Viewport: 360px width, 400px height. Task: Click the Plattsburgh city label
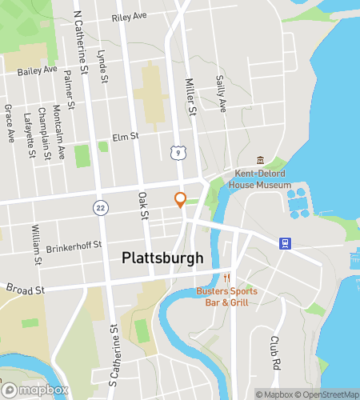click(162, 258)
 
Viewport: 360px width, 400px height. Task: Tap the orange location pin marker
click(181, 200)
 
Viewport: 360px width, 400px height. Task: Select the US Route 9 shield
click(175, 150)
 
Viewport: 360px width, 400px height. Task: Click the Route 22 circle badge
click(98, 206)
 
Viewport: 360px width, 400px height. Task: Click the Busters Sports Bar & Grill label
click(227, 297)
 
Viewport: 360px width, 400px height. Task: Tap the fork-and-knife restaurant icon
click(226, 278)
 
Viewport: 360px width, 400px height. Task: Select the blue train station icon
click(283, 243)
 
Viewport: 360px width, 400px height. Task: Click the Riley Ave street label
click(130, 17)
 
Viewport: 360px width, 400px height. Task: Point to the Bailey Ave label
click(38, 70)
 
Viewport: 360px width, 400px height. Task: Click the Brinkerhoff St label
click(75, 245)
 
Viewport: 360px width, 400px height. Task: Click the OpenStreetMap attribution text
click(326, 394)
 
